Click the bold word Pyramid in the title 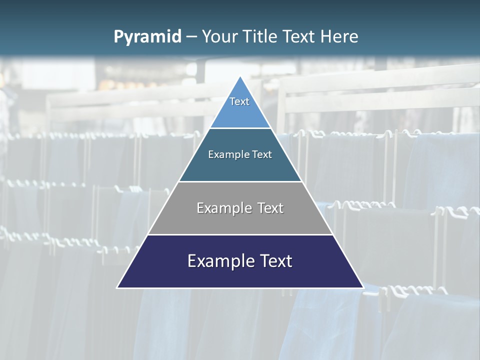coord(147,37)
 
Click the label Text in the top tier coord(239,101)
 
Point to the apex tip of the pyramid coord(240,77)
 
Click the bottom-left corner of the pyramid coord(118,287)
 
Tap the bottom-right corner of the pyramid coord(362,287)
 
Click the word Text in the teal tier coord(262,155)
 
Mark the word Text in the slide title coord(299,37)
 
